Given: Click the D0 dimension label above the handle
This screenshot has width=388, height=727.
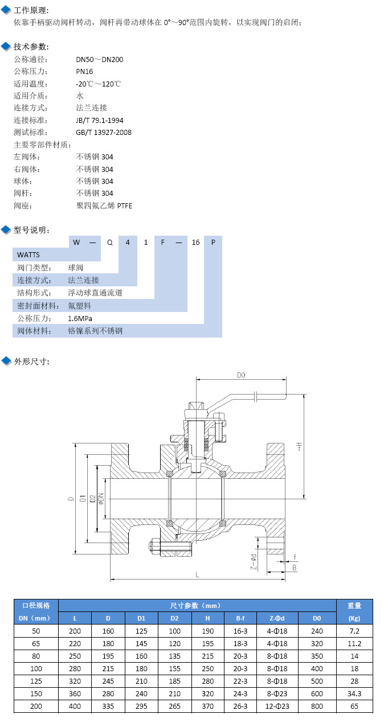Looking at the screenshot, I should pos(241,375).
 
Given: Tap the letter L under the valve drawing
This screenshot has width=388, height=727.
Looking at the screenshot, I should pos(198,575).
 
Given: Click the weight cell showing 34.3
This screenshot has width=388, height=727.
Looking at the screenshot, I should pos(354,694).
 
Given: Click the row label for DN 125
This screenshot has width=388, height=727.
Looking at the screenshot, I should pos(36,681).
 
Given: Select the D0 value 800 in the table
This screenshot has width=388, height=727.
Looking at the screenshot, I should pos(317,707).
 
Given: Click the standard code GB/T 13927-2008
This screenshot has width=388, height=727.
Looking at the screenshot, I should pos(104,133).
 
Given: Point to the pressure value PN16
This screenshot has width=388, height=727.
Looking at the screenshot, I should pos(84,72).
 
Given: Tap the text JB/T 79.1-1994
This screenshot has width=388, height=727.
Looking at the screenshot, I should pos(100,120).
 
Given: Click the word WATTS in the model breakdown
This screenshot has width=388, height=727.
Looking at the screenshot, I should pos(28,254).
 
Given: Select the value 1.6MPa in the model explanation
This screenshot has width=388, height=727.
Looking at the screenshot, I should pos(80,318).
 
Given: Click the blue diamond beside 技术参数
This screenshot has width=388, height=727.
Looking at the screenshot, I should pos(6,47).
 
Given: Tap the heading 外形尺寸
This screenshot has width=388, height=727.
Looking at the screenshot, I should pos(32,361).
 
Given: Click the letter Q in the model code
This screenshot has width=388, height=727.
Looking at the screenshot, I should pos(110,242).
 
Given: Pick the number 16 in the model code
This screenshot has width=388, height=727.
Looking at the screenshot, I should pos(195,242).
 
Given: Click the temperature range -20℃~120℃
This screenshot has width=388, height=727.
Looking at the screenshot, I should pos(99,84).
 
